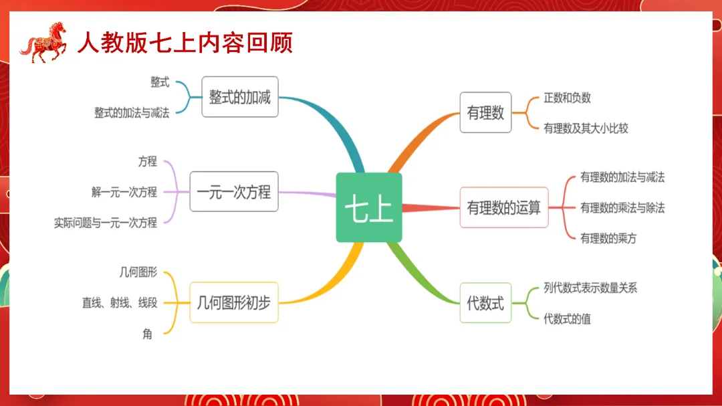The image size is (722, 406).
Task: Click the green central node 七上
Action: (x=369, y=208)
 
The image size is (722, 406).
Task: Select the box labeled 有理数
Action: (x=485, y=112)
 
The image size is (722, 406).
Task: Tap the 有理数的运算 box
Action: (x=504, y=207)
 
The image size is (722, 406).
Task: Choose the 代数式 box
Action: (x=485, y=303)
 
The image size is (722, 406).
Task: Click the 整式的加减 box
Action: (x=239, y=97)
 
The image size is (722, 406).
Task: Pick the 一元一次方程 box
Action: (x=234, y=192)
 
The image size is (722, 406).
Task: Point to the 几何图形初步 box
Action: (x=234, y=302)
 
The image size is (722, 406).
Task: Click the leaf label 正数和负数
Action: (x=567, y=98)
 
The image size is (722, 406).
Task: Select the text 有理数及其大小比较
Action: (x=586, y=128)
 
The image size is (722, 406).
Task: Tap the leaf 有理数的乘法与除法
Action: (x=622, y=207)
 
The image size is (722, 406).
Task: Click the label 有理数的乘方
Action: (x=608, y=238)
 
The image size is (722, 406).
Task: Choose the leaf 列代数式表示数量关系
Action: (x=590, y=288)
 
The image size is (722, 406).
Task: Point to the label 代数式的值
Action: (x=567, y=319)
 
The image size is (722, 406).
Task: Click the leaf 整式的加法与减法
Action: (x=132, y=113)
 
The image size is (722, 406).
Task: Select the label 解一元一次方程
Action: (x=124, y=192)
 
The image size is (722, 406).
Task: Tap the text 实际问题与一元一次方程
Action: (x=106, y=223)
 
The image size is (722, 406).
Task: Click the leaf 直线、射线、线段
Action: (x=120, y=303)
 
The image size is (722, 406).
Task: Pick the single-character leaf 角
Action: (x=148, y=334)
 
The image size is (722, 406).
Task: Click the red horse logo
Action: (x=44, y=42)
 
